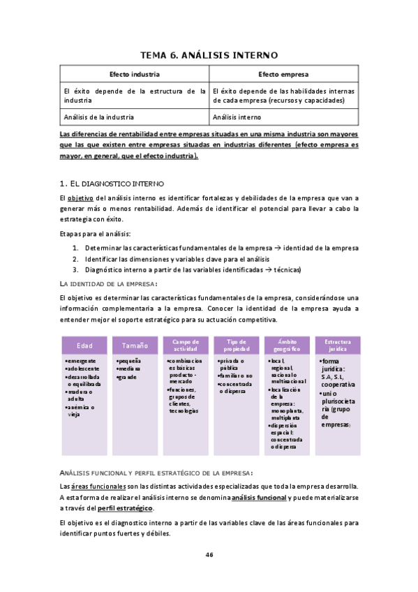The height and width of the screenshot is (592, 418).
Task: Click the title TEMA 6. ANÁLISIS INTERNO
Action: click(209, 54)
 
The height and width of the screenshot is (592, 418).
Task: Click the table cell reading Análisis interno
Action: click(237, 117)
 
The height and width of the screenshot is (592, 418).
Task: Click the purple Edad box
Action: click(84, 345)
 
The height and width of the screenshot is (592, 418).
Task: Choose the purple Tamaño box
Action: click(135, 345)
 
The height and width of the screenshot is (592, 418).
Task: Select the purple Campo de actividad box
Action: click(185, 345)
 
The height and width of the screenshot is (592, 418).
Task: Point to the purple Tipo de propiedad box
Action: click(236, 345)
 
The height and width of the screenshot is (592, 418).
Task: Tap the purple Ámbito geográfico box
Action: click(287, 345)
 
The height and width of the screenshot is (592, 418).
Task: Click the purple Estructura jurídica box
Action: click(338, 345)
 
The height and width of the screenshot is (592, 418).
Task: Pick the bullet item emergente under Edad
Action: click(82, 360)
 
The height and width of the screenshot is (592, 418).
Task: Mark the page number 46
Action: click(209, 554)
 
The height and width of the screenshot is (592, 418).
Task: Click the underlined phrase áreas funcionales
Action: click(97, 486)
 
